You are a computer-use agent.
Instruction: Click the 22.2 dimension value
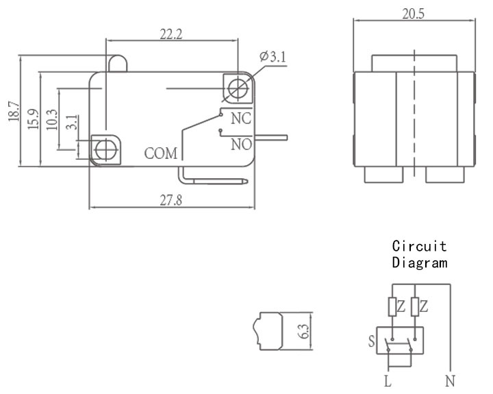point(170,34)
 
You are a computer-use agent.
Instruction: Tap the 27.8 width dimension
point(170,200)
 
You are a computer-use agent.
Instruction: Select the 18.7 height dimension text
point(14,112)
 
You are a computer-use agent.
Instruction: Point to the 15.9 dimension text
point(34,119)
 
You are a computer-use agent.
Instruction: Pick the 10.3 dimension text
point(52,120)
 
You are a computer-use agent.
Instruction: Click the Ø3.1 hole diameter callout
point(273,57)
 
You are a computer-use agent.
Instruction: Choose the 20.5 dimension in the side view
point(414,14)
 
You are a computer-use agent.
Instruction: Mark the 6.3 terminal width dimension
point(304,332)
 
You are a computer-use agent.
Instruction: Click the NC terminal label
point(241,119)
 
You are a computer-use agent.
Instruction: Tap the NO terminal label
point(242,145)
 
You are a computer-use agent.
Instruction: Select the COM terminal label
point(161,153)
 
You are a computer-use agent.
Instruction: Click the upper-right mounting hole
point(238,88)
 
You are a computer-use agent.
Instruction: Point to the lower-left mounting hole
point(105,150)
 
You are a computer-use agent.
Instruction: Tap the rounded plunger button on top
point(118,64)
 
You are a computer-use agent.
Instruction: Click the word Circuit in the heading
point(420,246)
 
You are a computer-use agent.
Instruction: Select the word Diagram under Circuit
point(420,262)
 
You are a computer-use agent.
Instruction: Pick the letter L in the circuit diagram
point(388,382)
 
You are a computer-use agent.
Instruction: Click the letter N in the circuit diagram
point(451,382)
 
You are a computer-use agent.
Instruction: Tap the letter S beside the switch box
point(372,341)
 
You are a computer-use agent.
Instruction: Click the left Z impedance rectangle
point(392,307)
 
